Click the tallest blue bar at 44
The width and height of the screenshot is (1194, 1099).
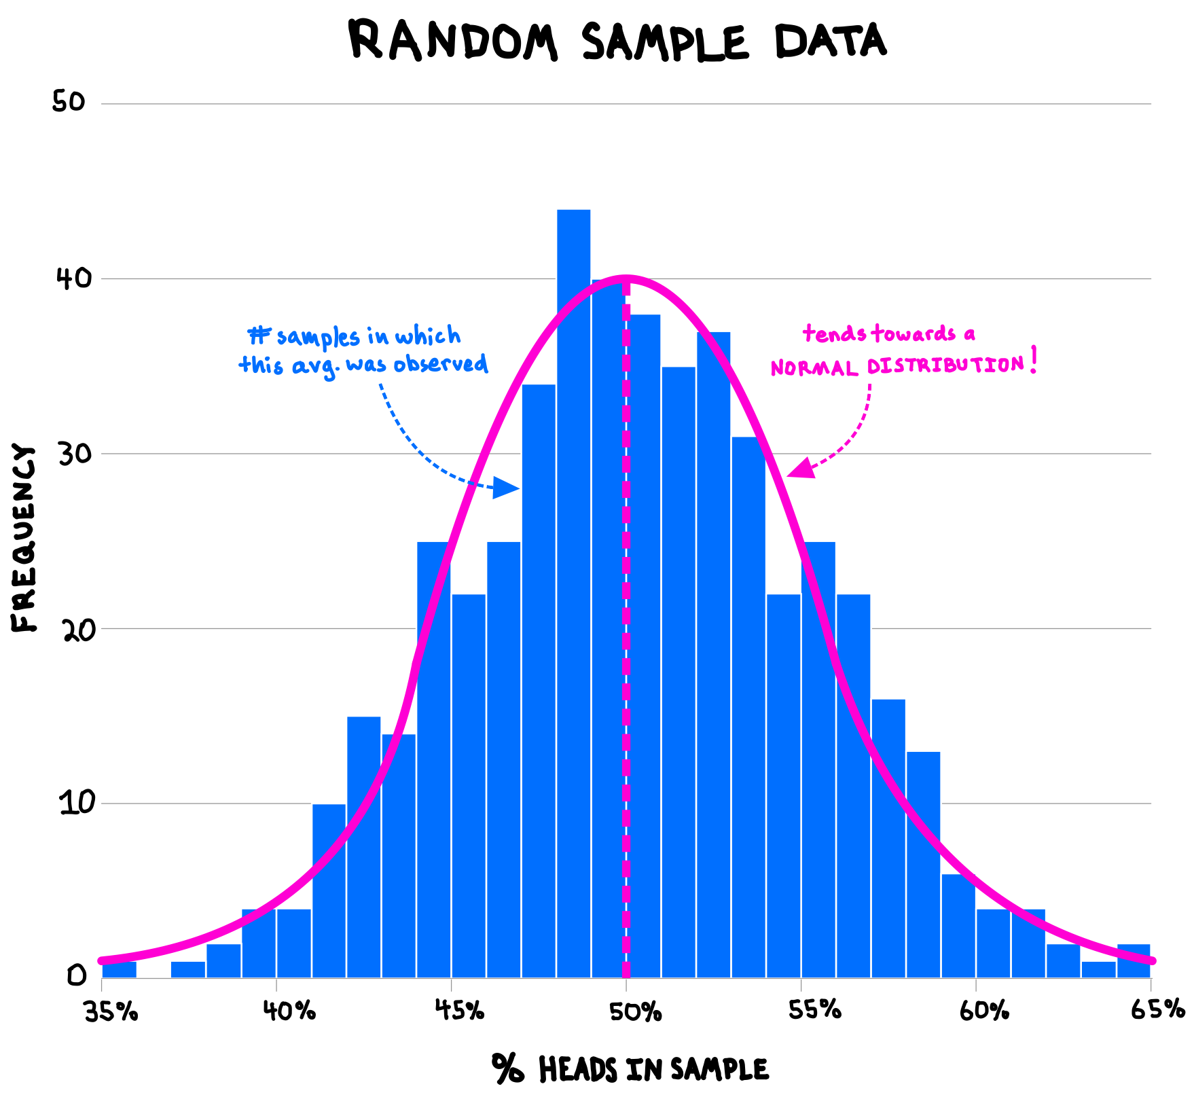(573, 591)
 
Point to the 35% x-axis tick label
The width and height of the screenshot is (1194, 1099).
(111, 1011)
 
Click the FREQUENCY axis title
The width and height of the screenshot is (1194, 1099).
(23, 538)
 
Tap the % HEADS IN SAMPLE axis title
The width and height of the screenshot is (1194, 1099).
(630, 1069)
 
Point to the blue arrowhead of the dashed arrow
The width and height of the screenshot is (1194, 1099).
(506, 488)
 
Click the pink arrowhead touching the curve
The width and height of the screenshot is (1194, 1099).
(799, 469)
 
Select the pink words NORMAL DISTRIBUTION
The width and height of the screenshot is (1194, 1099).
(897, 366)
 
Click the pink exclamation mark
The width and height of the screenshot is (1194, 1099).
(1033, 360)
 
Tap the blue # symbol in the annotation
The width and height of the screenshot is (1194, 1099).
(259, 336)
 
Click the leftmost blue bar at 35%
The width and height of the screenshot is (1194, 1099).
(120, 969)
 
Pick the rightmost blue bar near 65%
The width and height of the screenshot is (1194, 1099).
(1134, 961)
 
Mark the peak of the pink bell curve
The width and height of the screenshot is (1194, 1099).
(626, 278)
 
